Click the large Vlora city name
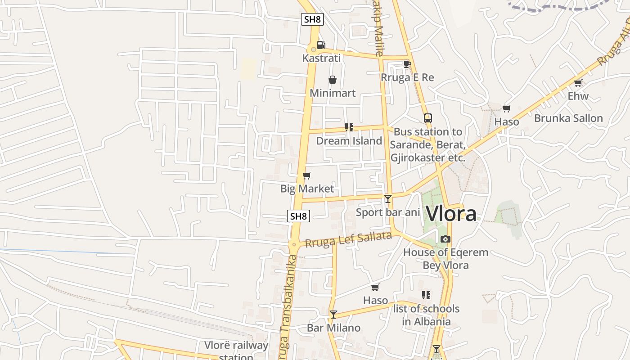click(x=451, y=213)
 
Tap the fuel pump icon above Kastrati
click(x=321, y=45)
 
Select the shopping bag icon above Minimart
click(x=333, y=80)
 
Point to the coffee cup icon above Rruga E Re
click(x=407, y=64)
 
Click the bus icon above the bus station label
click(x=427, y=118)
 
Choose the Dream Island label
click(x=349, y=141)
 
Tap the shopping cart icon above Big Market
click(x=307, y=175)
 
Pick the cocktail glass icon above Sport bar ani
click(x=388, y=198)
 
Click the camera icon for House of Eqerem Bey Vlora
click(x=445, y=239)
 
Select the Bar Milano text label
click(x=333, y=328)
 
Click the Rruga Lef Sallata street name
click(x=348, y=239)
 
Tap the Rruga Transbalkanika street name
click(x=286, y=306)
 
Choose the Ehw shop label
click(x=578, y=96)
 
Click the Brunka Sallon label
click(x=568, y=118)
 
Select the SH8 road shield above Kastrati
click(x=312, y=19)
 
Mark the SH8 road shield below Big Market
click(x=298, y=216)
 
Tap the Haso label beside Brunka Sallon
click(x=507, y=121)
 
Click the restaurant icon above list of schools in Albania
click(x=426, y=295)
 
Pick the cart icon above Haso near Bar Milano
click(x=375, y=287)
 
